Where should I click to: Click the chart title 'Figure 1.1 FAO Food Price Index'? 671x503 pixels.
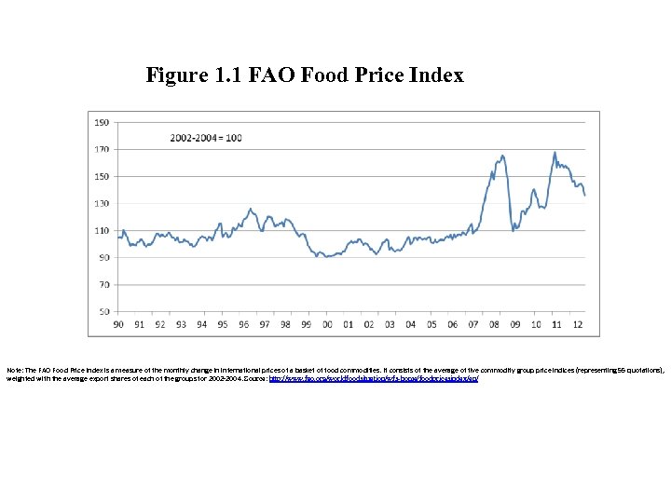click(304, 75)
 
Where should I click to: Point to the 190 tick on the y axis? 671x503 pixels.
click(101, 122)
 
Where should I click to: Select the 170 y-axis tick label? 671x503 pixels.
click(101, 149)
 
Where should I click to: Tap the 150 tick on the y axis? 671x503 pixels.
click(101, 176)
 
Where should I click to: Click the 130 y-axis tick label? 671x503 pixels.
click(101, 203)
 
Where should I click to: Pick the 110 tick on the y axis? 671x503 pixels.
click(101, 230)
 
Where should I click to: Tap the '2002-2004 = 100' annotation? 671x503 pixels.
click(206, 138)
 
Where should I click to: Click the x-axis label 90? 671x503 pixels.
click(117, 324)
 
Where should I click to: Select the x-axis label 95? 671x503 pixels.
click(222, 324)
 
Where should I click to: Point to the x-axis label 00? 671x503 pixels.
click(327, 324)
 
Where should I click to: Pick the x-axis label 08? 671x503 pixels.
click(494, 324)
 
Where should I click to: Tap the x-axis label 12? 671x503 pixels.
click(578, 324)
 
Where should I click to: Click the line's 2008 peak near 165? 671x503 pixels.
click(503, 156)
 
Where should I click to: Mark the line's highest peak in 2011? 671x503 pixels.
click(555, 153)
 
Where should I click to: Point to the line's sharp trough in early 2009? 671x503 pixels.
click(514, 230)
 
